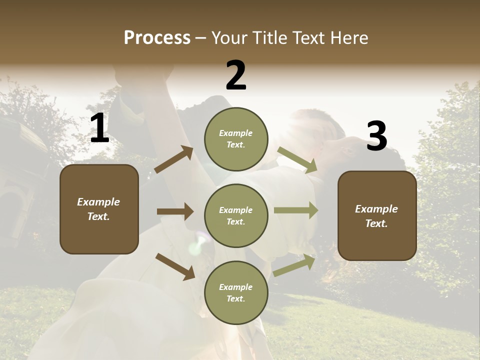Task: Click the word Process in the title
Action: [157, 38]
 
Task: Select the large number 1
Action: [99, 128]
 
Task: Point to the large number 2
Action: [236, 75]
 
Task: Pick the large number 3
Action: [376, 136]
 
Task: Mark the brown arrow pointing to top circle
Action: [173, 160]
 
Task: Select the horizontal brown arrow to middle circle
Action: [175, 211]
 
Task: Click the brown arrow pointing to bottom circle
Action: [175, 266]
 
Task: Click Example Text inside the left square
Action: [98, 209]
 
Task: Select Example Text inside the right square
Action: [376, 216]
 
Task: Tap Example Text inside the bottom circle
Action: [235, 292]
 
